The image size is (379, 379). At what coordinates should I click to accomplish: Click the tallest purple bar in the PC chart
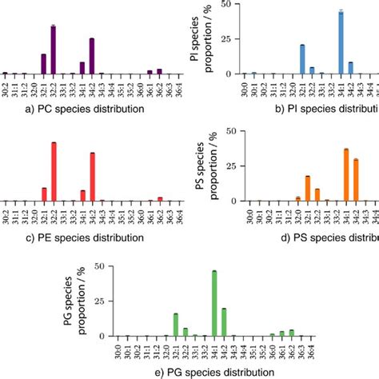[53, 50]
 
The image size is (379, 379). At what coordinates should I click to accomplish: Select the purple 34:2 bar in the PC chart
[92, 56]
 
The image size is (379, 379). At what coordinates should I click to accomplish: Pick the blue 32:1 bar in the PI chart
[302, 59]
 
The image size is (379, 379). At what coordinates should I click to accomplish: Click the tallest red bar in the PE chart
[54, 172]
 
